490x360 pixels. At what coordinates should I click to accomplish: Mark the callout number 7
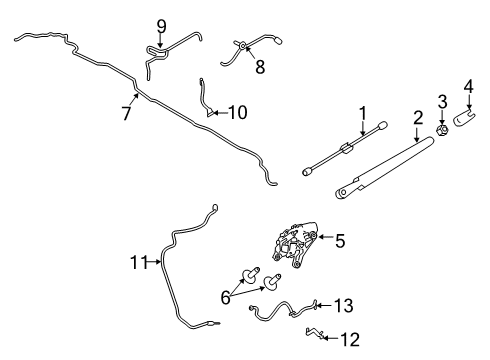pos(126,113)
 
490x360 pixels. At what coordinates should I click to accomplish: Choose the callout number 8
pos(260,69)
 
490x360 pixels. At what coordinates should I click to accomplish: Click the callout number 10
pos(237,113)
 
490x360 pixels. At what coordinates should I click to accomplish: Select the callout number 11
pos(139,262)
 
